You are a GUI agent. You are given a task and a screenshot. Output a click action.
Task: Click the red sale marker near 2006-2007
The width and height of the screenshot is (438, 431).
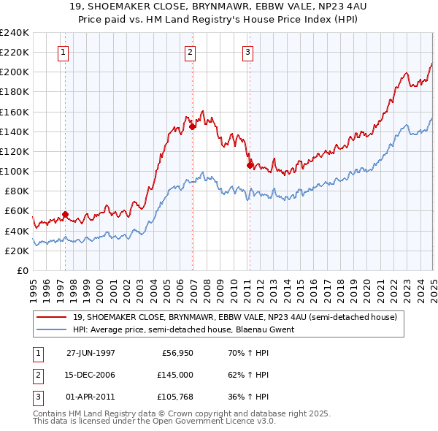point(193,126)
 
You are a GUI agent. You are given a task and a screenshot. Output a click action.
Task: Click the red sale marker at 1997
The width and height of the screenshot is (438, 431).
point(65,214)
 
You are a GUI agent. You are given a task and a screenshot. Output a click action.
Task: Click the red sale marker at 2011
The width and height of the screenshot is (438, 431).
point(250,165)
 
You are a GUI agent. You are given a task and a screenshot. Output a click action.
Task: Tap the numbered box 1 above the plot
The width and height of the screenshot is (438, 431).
point(64,52)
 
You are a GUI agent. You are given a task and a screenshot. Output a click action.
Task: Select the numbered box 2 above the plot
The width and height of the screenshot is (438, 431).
point(190,52)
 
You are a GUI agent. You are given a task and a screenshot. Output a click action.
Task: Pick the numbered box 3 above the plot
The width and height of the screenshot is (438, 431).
point(247,52)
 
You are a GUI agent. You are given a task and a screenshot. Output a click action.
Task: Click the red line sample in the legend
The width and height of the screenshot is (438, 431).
point(52,317)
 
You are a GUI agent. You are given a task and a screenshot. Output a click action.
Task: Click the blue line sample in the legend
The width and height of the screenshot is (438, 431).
point(52,329)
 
